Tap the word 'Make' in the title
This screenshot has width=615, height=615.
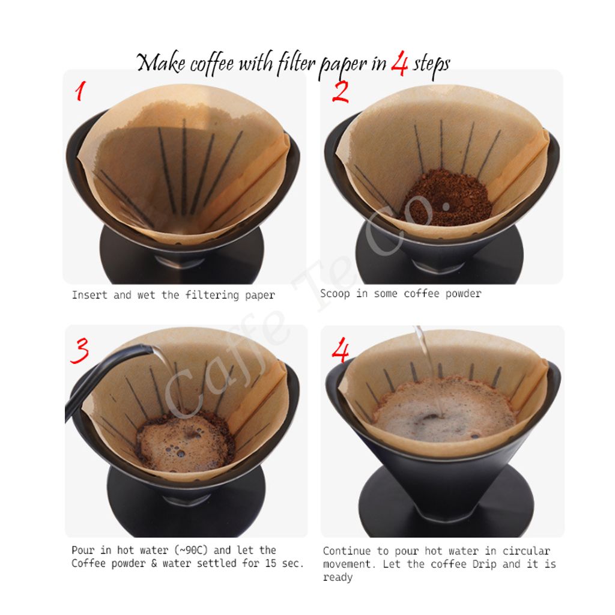(x=161, y=62)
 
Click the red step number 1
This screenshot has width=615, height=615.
(x=80, y=91)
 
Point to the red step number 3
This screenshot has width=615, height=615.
(x=80, y=350)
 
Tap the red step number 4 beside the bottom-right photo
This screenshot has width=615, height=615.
(x=340, y=350)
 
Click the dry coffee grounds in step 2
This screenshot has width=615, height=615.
(x=446, y=197)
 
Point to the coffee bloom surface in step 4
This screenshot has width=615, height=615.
(x=443, y=410)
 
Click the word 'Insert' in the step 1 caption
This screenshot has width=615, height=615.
(x=89, y=295)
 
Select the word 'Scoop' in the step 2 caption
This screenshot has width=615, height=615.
(x=335, y=294)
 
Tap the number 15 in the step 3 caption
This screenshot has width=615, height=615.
(x=270, y=563)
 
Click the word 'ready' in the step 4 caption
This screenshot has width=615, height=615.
(x=338, y=577)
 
